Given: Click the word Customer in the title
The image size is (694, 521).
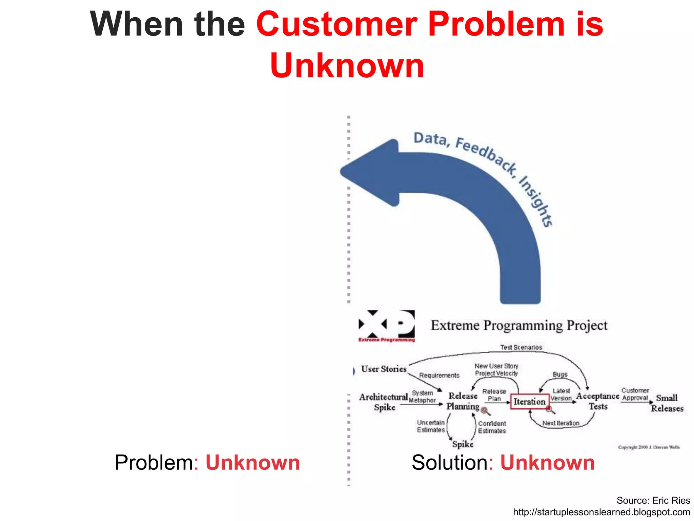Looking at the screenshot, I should coord(336,24).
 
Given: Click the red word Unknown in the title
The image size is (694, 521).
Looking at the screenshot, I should coord(347,65).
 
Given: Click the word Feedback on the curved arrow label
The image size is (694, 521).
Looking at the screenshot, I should coord(486,154).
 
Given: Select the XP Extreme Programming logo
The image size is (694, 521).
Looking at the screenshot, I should coord(387,326).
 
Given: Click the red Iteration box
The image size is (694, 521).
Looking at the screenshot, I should coord(530,402).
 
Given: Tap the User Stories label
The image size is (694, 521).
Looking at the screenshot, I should coord(384,369).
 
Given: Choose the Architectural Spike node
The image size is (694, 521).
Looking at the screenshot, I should coord(384,402).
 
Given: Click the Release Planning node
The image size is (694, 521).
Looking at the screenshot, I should coord(463,401).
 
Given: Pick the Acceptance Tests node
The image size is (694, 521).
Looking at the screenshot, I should coord(598,401).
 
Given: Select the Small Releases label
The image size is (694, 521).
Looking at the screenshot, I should coord(667,403).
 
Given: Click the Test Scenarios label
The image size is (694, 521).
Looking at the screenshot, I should coord(521,347).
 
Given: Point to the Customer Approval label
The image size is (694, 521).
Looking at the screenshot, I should coord(635,394).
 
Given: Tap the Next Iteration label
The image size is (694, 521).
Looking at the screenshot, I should coord(561,423).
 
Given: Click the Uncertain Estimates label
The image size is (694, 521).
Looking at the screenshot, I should coord(431,426).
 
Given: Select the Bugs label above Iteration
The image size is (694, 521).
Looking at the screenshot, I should coord(560,374).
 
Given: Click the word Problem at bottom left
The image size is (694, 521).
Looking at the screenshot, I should coord(154,463).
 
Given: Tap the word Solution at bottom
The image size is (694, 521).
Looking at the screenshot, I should coord(450,463).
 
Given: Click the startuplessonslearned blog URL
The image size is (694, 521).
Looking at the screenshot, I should coord(601,512).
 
